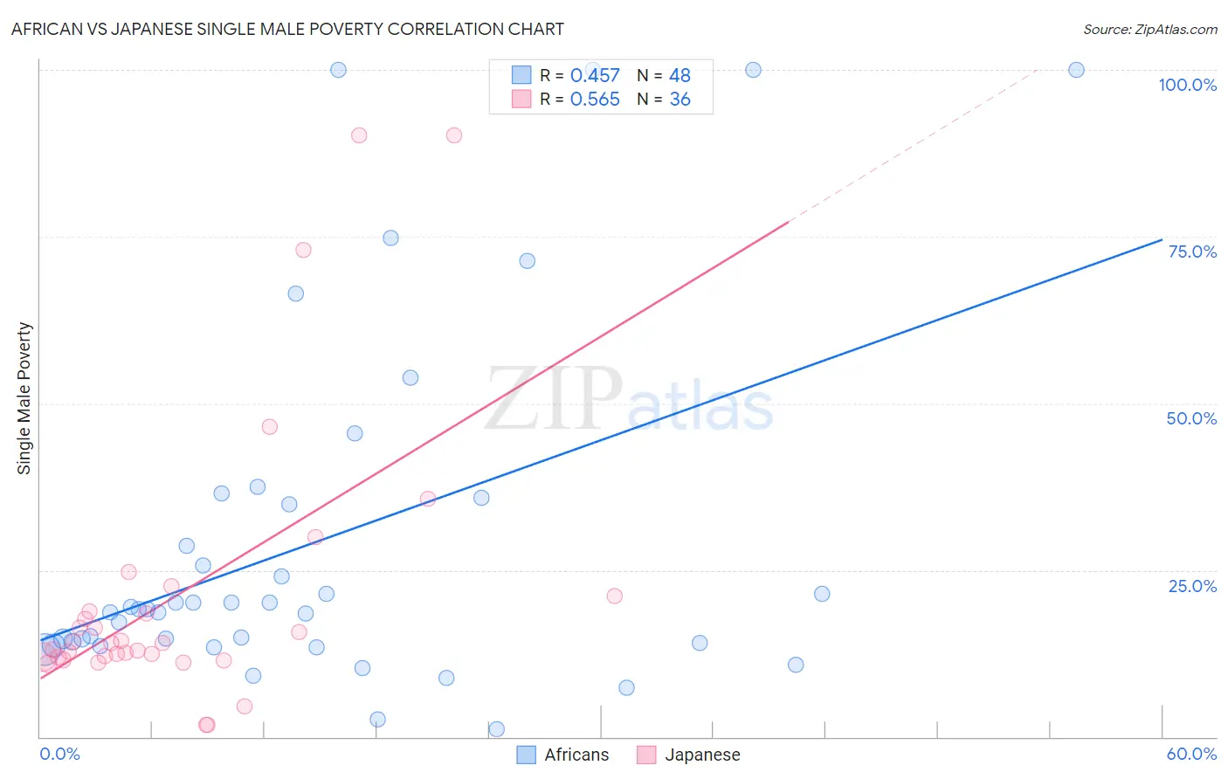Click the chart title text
point(287,29)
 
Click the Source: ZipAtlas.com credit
point(1149,29)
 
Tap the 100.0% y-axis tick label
point(1187,85)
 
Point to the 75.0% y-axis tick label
point(1192,252)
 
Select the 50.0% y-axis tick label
point(1191,418)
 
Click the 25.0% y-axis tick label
point(1192,585)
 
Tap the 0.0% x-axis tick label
point(59,754)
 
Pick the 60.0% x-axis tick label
point(1191,754)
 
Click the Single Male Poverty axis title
point(24,398)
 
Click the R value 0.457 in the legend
point(595,76)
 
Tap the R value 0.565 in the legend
point(595,100)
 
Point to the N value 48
point(680,76)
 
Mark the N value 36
point(680,100)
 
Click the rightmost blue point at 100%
point(1076,70)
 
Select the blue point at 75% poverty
point(390,238)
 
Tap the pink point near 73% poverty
point(303,250)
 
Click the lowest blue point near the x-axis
point(496,729)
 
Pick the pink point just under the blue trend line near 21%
point(614,596)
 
